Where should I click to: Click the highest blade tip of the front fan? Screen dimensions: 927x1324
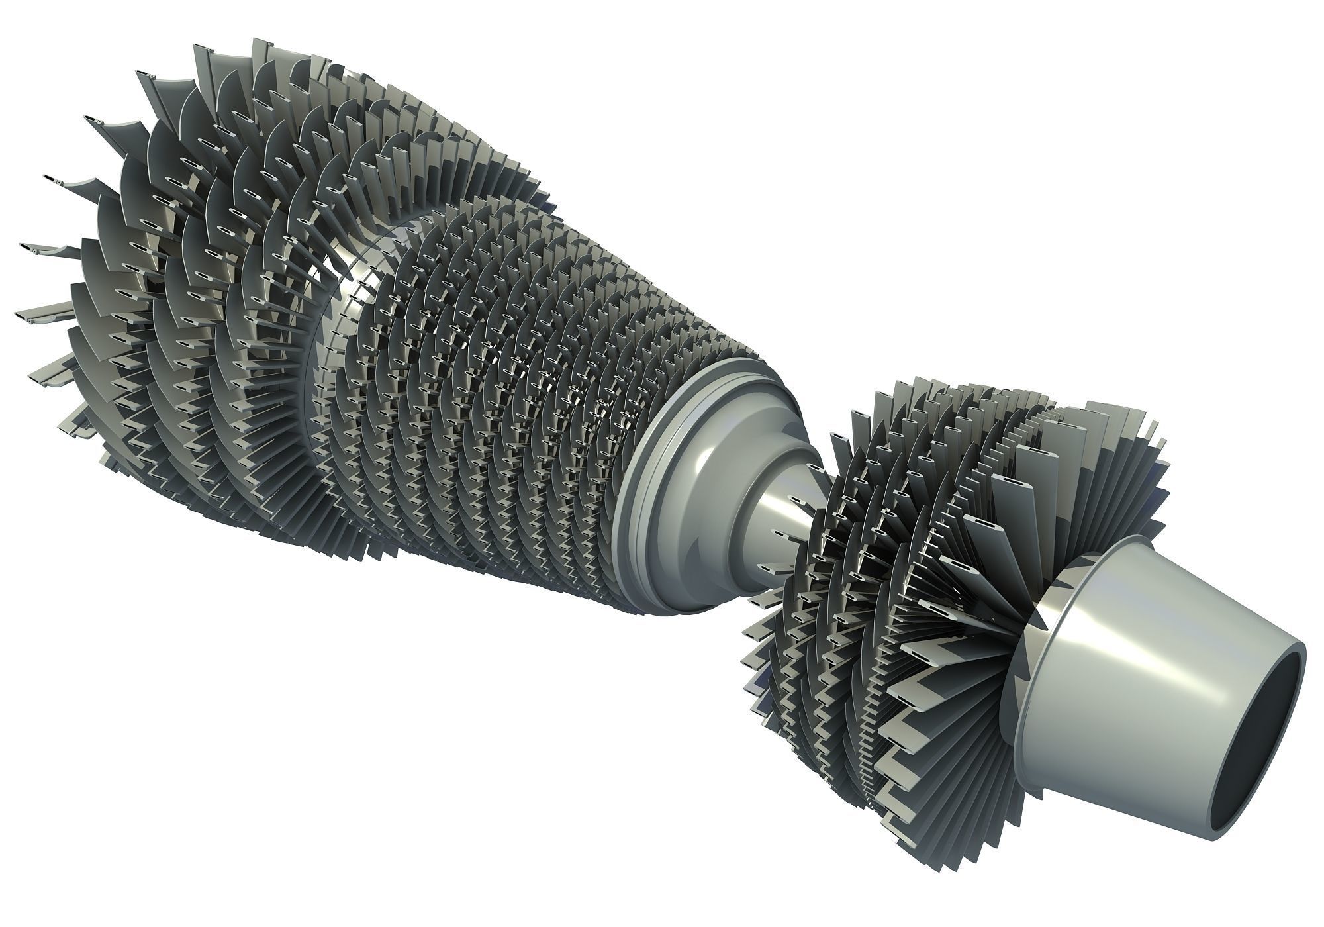(199, 50)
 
